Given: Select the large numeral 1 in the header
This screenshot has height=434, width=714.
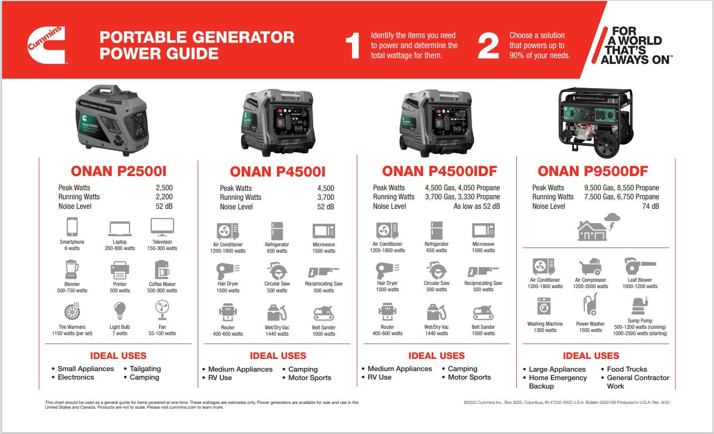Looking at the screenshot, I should (353, 45).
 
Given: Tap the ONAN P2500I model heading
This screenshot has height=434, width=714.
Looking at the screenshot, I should (119, 171).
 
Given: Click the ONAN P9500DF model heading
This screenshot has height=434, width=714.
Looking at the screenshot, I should (592, 171).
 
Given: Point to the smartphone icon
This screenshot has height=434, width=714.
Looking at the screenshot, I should (72, 227).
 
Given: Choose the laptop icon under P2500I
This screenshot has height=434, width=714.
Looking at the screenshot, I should (119, 228).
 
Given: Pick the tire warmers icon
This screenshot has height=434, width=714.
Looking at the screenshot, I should (72, 311).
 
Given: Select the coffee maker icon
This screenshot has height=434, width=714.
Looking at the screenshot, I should (162, 270).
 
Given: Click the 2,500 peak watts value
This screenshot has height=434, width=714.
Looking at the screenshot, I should (164, 188).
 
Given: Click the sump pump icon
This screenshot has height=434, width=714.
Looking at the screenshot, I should (639, 307).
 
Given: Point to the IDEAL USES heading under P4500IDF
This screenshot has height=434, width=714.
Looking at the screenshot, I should (436, 356).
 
